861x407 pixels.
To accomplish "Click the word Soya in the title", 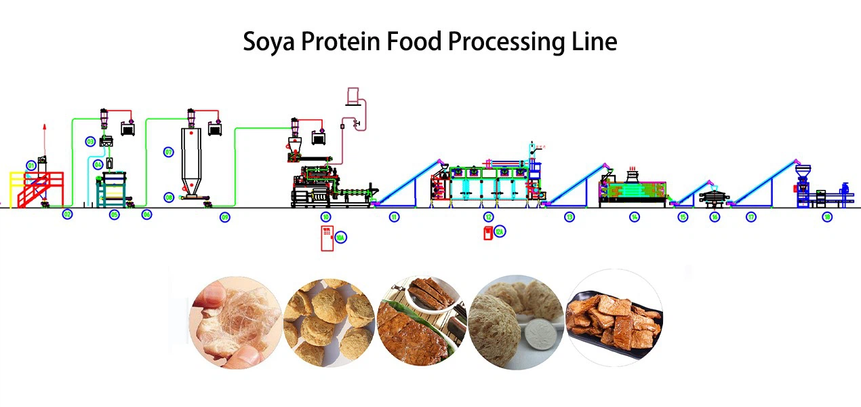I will click(x=269, y=42).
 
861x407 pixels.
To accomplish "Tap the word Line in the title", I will click(x=594, y=42).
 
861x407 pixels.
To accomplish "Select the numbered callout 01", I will click(x=31, y=165).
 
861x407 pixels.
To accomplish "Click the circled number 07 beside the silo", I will click(x=169, y=153).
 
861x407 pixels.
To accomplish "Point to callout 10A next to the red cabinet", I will click(x=341, y=237).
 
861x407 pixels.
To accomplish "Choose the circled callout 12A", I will click(x=500, y=232).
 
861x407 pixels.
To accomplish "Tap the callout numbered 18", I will click(x=826, y=217).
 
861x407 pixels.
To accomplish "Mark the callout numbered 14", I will click(x=634, y=217).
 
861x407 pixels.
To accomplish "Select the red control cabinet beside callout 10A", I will click(x=327, y=239).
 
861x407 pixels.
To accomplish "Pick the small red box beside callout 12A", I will click(x=487, y=233).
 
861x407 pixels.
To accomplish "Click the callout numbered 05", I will click(x=114, y=215).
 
